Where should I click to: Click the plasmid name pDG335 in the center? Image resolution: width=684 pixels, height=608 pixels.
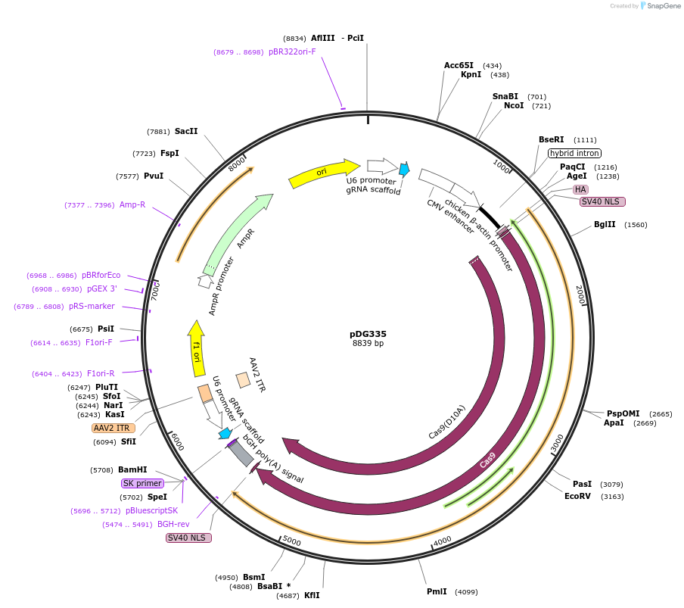(x=368, y=333)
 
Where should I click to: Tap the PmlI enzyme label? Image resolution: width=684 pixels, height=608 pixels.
(x=437, y=591)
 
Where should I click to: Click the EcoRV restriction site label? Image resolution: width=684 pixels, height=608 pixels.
(x=577, y=496)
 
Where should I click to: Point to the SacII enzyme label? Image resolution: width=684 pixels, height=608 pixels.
(x=186, y=131)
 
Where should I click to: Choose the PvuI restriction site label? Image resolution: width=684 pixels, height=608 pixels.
(x=153, y=176)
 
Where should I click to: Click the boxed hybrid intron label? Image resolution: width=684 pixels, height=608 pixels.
(x=574, y=153)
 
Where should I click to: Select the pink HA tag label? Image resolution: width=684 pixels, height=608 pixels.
(x=580, y=189)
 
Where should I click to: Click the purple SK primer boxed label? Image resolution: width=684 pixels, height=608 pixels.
(x=142, y=483)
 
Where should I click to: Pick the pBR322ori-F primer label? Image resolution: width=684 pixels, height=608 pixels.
(x=292, y=52)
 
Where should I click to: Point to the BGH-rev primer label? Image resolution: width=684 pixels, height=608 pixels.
(x=173, y=524)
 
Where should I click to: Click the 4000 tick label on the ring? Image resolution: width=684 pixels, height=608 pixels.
(x=442, y=540)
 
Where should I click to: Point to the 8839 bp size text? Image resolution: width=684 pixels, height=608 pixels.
(x=368, y=344)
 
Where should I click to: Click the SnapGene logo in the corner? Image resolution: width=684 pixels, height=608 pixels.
(x=658, y=6)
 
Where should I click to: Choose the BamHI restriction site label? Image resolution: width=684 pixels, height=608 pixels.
(x=132, y=469)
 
